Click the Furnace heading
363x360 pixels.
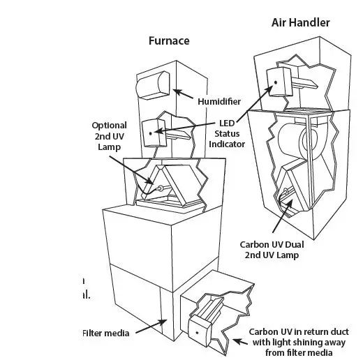click(168, 40)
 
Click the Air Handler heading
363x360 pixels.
click(300, 22)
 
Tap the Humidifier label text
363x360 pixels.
click(220, 101)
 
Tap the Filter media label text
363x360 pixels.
click(106, 333)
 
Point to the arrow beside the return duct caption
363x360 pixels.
click(239, 340)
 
